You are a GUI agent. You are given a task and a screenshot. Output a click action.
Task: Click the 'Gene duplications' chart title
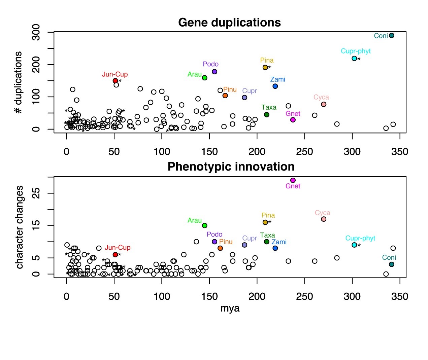pos(229,23)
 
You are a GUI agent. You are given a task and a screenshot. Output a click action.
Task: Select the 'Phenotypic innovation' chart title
pos(231,167)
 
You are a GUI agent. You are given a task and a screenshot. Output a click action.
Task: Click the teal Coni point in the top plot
pos(391,36)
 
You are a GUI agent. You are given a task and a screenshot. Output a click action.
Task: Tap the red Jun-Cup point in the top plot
pos(115,81)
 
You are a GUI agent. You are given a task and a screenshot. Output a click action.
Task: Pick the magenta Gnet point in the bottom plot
pos(293,180)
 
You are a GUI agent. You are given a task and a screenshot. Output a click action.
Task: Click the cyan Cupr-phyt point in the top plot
pos(354,59)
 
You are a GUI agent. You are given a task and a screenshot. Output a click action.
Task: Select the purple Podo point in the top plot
pos(215,72)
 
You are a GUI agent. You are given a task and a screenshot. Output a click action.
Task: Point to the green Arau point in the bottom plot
pos(205,226)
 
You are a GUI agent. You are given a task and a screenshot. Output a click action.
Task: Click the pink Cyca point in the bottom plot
pos(324,219)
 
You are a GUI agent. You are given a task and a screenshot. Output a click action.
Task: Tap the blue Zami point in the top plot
pos(275,86)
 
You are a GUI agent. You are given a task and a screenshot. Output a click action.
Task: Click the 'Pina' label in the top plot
pos(267,60)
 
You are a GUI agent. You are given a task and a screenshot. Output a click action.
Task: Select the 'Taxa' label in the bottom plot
pos(267,235)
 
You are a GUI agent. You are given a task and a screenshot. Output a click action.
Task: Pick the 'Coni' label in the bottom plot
pos(389,257)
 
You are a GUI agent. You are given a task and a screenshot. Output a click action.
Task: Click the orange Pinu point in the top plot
pos(225,96)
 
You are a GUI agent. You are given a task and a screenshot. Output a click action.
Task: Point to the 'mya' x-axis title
pos(230,308)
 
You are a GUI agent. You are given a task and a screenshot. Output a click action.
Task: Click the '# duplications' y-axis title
pos(18,82)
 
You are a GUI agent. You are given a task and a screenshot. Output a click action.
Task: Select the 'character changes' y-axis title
pos(20,227)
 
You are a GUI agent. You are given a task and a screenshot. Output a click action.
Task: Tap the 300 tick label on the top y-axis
pos(36,32)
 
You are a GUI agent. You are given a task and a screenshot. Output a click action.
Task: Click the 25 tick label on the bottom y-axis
pos(36,193)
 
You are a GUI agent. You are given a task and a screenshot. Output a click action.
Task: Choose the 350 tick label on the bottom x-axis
pos(400,296)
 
